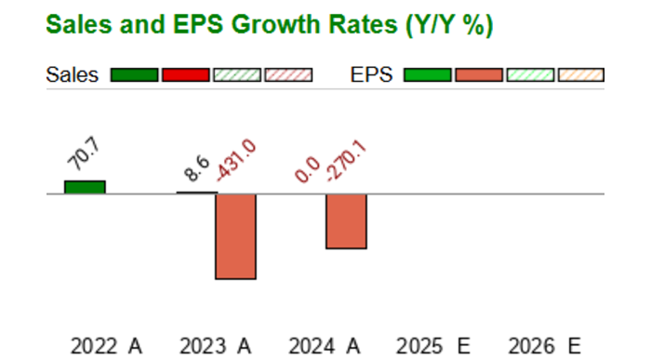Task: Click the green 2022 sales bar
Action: point(85,187)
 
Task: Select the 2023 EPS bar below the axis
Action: point(235,236)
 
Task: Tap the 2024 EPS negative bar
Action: point(346,221)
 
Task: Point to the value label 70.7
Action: point(84,153)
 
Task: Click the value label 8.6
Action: point(197,168)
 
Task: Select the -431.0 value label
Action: point(236,160)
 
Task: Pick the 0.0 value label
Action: point(308,169)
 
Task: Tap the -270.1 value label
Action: point(346,161)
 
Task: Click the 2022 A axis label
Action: point(106,346)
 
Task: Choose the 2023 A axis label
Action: point(215,346)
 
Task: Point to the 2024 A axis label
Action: point(325,346)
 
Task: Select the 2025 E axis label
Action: point(433,346)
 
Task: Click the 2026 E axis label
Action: point(544,346)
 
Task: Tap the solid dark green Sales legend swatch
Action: point(134,75)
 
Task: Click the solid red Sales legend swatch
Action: point(186,75)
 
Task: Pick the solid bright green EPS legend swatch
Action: point(427,75)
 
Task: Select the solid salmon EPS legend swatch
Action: point(479,75)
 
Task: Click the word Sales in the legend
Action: point(73,75)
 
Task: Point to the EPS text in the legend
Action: point(372,75)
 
